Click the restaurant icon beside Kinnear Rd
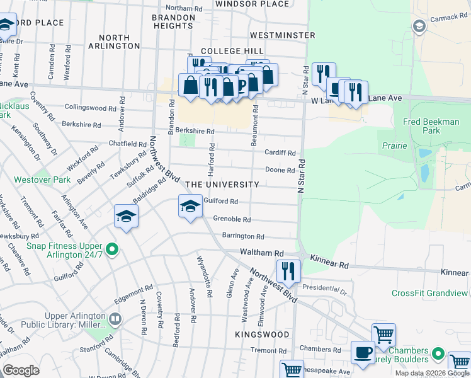coord(288,271)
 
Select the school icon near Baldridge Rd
coord(126,216)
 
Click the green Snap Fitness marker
coord(113,250)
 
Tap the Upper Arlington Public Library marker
coord(114,319)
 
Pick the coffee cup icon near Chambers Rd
coord(362,353)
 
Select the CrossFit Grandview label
coord(430,293)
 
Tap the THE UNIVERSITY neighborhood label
coord(222,185)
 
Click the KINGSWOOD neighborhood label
coord(263,335)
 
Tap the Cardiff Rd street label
coord(280,153)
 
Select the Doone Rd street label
coord(280,170)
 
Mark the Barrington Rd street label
coord(242,236)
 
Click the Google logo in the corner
coord(21,370)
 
